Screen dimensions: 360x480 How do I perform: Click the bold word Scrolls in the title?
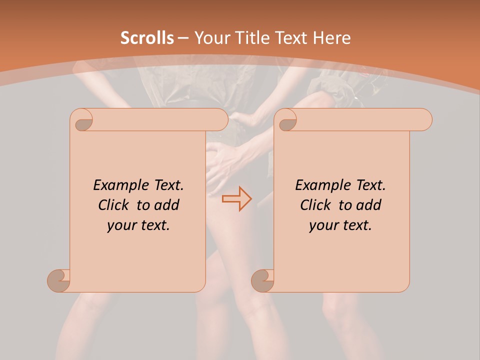(147, 38)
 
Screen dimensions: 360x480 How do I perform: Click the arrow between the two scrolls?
(237, 198)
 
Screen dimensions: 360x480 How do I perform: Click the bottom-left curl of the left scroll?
(58, 280)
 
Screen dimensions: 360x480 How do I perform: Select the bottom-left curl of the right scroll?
(262, 280)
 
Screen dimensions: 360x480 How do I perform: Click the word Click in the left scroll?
(114, 205)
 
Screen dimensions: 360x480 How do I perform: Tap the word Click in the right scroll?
(316, 205)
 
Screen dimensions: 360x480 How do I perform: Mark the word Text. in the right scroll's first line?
(370, 185)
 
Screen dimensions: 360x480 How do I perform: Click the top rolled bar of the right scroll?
(360, 119)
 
